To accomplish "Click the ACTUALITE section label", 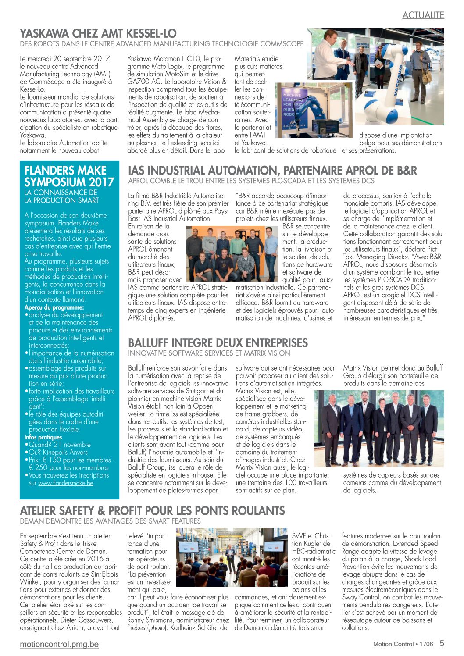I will [423, 15].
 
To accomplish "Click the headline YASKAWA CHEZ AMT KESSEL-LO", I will [98, 33].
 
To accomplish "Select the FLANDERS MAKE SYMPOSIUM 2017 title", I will [69, 176].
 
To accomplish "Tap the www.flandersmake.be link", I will [66, 483].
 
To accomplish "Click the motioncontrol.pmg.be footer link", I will [59, 644].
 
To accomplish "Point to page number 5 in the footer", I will [442, 644].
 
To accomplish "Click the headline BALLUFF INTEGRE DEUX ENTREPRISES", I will [218, 343].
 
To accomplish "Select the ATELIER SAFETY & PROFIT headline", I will [152, 511].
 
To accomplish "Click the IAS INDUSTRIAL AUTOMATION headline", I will [272, 171].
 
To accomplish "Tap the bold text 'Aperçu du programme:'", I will [54, 307].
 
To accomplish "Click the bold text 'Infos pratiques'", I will [43, 437].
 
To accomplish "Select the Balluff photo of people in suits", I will [378, 428].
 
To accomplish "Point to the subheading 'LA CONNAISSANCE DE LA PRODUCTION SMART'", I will [61, 196].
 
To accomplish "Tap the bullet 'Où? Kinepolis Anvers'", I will [58, 452].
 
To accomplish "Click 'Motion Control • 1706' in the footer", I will [403, 644].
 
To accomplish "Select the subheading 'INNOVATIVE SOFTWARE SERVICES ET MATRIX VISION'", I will [209, 353].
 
